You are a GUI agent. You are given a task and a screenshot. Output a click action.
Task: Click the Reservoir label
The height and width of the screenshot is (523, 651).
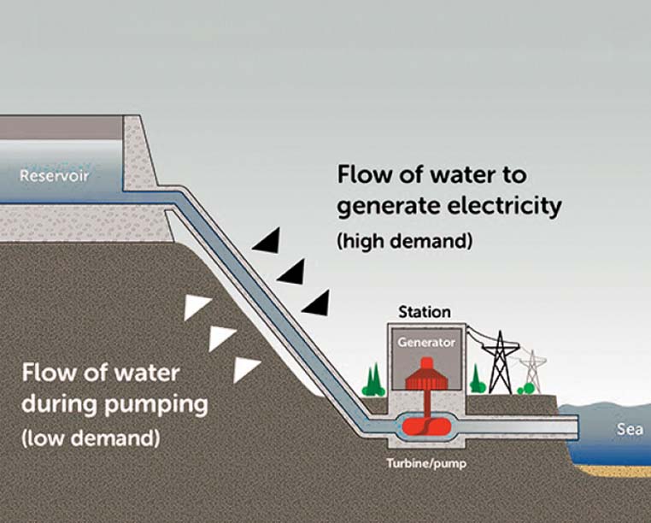click(56, 178)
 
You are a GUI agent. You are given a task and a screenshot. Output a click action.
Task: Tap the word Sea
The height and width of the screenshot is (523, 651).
click(629, 429)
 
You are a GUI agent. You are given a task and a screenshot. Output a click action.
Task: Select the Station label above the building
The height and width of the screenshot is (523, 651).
click(425, 313)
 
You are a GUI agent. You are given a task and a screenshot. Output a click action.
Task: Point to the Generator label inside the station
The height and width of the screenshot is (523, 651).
click(427, 341)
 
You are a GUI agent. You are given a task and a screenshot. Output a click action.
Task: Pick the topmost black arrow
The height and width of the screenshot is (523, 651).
click(266, 243)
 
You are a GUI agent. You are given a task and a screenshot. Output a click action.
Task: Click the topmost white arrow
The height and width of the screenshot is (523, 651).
click(197, 307)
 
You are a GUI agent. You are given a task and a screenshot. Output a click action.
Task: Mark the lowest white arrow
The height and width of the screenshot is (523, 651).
click(247, 367)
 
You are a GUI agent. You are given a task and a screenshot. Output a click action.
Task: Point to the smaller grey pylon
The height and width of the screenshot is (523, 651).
click(532, 369)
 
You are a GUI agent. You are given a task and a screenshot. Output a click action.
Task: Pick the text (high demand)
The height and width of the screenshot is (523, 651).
click(405, 242)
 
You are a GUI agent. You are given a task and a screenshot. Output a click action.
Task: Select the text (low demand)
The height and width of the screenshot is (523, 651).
click(91, 439)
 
